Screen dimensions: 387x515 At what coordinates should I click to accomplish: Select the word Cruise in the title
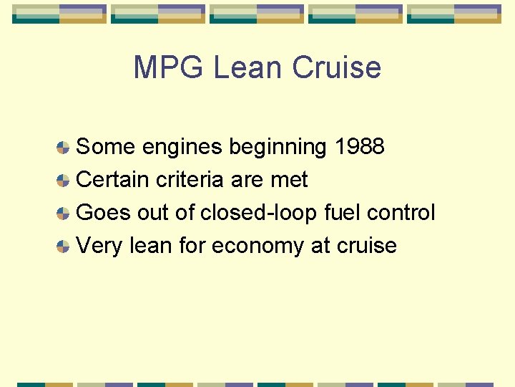tap(336, 67)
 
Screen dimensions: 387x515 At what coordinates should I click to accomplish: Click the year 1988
tap(359, 147)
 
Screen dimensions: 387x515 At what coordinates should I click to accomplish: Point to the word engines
tap(182, 147)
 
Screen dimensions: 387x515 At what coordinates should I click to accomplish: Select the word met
tap(289, 180)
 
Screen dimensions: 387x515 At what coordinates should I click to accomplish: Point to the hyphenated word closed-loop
tap(259, 213)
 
